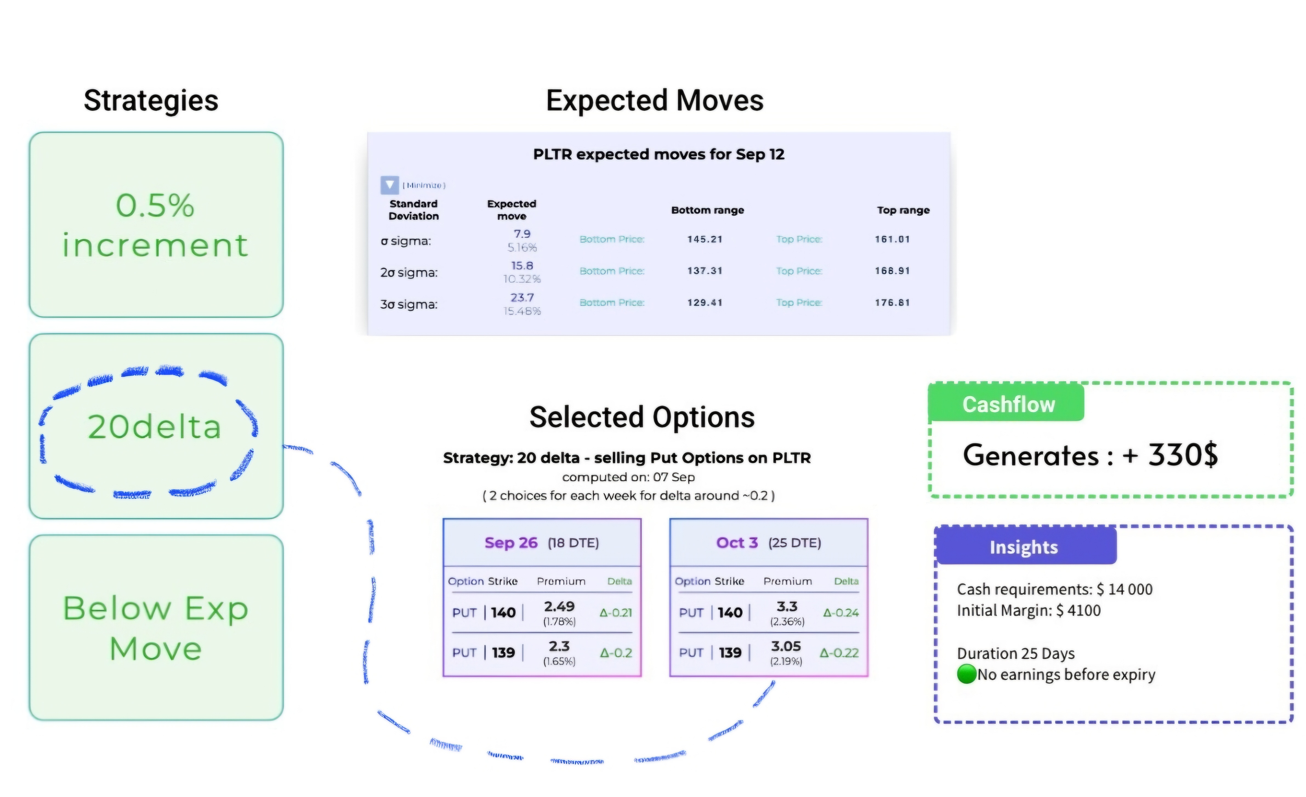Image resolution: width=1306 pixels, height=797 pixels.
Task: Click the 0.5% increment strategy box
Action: [x=156, y=225]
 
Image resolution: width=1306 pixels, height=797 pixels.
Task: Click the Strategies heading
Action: [x=151, y=101]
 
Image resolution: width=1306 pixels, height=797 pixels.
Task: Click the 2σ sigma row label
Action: [x=409, y=272]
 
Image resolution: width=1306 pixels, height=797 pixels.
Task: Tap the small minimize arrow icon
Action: [x=390, y=185]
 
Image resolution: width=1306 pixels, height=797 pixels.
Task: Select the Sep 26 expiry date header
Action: [x=511, y=543]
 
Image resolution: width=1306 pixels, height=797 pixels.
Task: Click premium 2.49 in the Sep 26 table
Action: [x=559, y=606]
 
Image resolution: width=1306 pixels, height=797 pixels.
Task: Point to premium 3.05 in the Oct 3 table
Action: [x=786, y=646]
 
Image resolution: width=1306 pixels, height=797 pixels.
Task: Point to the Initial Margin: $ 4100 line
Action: [x=1028, y=610]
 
